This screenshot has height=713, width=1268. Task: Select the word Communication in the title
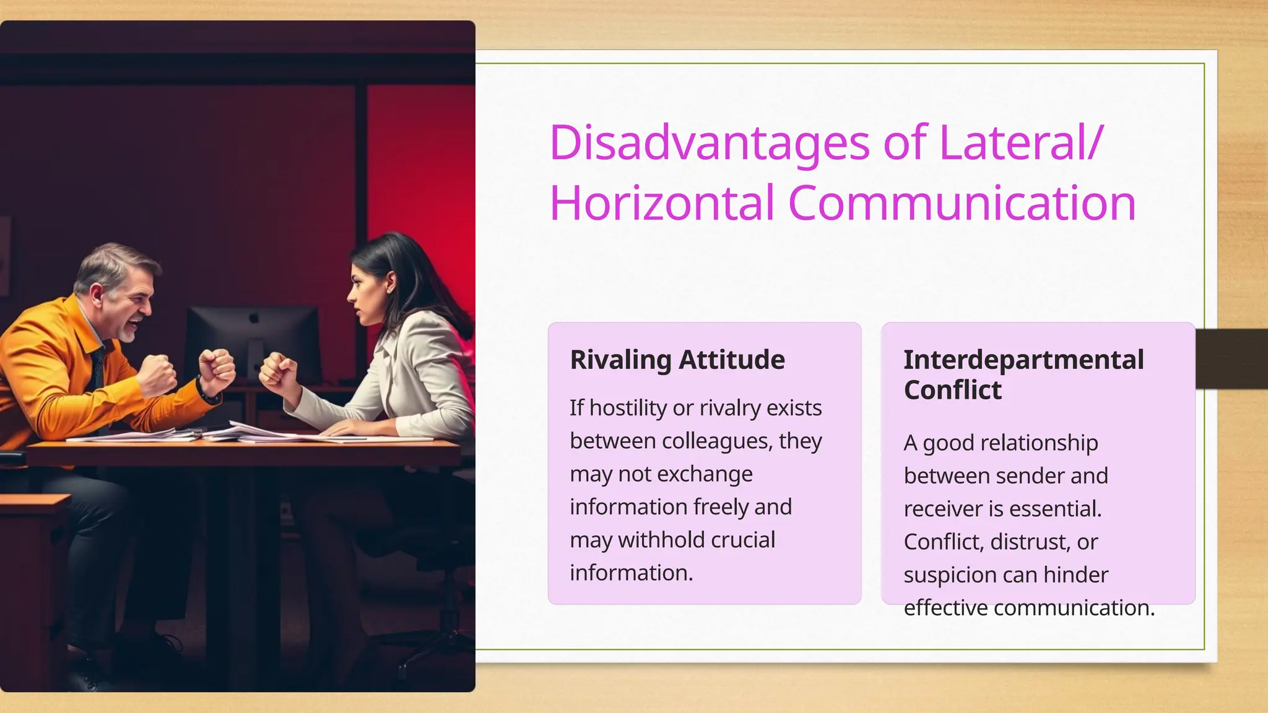click(962, 203)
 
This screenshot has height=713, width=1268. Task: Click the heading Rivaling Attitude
click(677, 360)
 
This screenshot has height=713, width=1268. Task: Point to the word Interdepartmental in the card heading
click(1023, 360)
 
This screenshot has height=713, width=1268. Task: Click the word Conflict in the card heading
click(952, 391)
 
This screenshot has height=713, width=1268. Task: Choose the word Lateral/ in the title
click(1020, 144)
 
